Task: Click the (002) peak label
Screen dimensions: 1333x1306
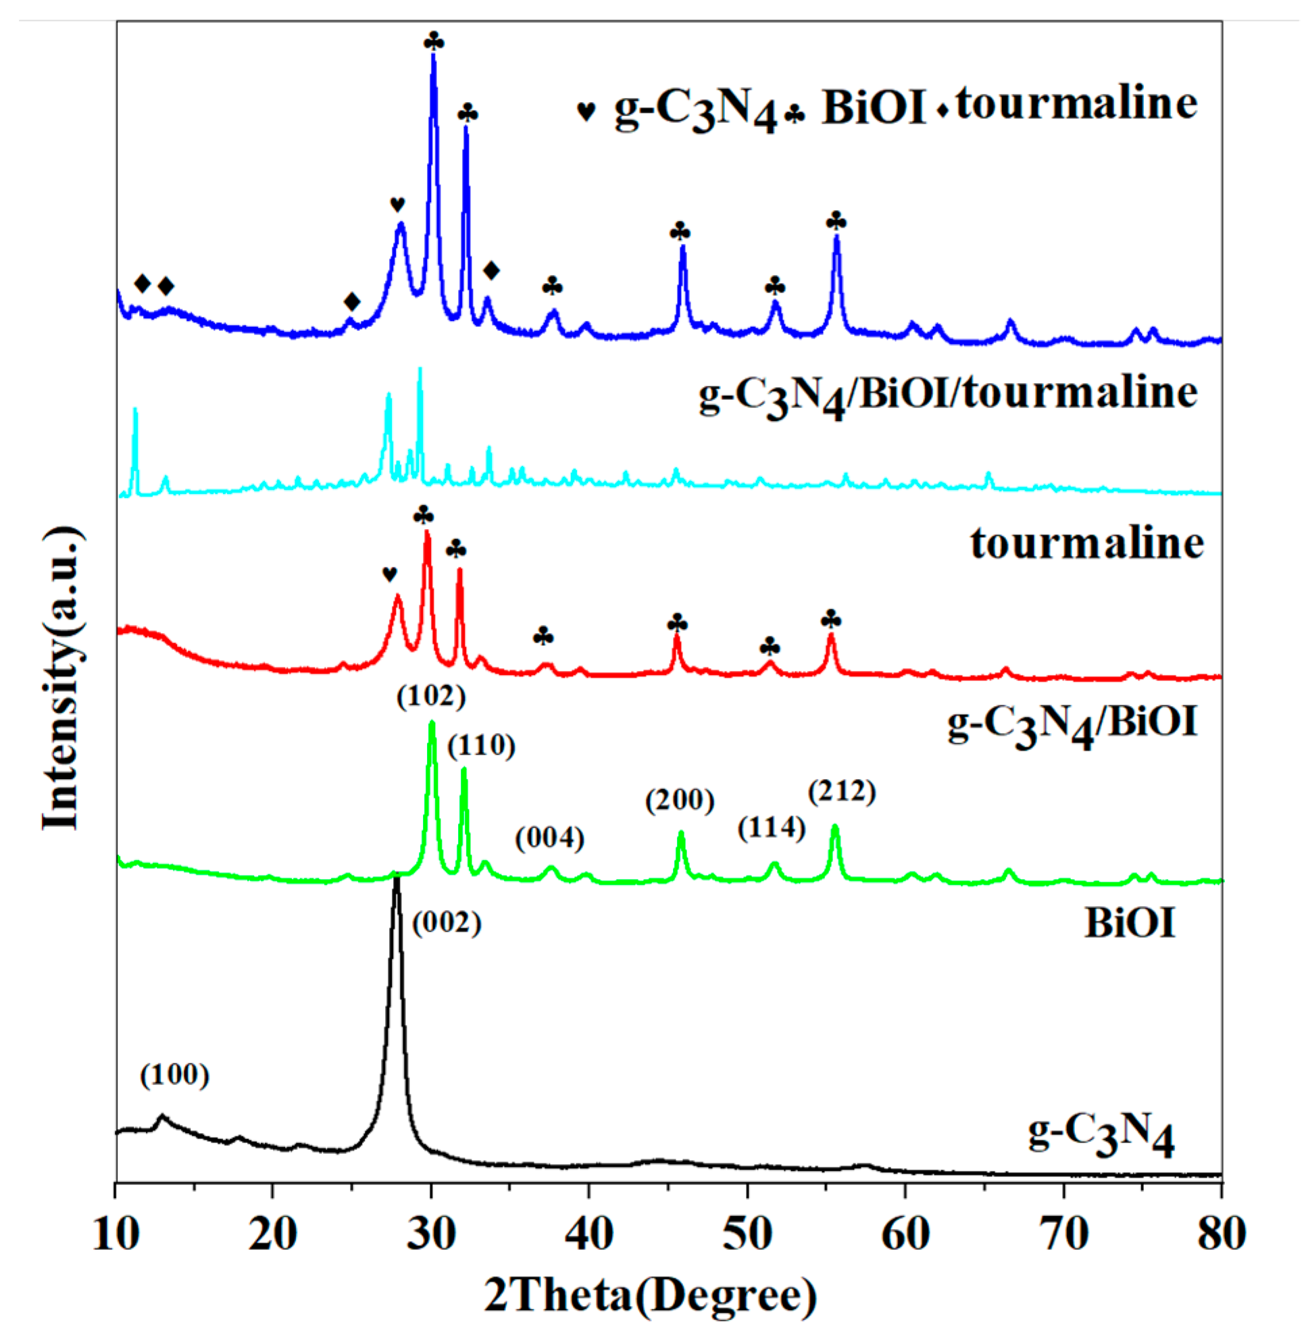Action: [447, 924]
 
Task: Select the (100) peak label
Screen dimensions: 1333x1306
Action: [174, 1074]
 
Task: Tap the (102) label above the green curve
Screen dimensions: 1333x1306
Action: [432, 697]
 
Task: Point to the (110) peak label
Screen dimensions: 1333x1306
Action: [481, 745]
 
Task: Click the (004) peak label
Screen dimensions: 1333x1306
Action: [549, 838]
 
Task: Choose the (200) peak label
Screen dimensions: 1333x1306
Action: [680, 800]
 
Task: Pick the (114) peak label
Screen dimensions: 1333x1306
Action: [771, 828]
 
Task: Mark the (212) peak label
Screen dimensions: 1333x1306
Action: [842, 792]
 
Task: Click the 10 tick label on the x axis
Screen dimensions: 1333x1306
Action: [117, 1235]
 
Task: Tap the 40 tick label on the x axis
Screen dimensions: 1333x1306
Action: [590, 1235]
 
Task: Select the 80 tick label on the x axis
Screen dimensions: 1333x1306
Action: [1222, 1235]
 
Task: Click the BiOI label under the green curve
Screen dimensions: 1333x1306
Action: [1130, 924]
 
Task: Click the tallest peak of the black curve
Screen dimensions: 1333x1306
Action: [397, 880]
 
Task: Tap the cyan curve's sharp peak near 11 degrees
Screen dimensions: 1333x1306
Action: [135, 410]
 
